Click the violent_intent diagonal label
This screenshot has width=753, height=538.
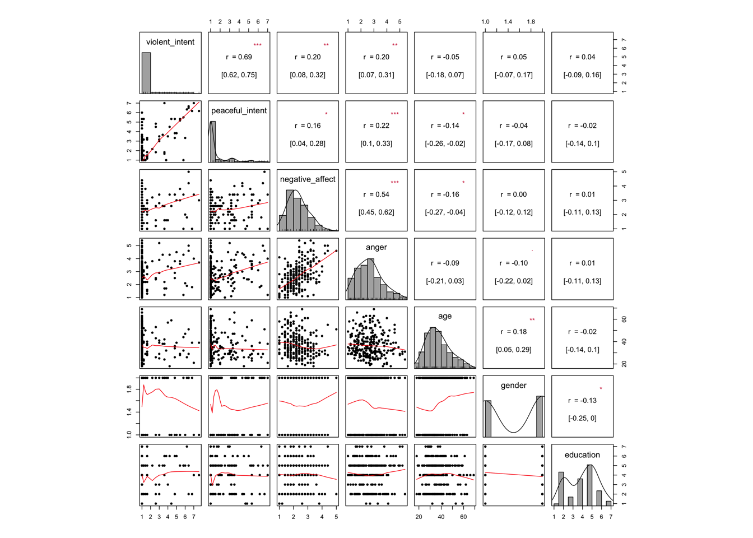[x=170, y=42]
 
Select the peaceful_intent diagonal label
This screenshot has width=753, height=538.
[x=239, y=110]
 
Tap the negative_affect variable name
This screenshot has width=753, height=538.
[x=308, y=179]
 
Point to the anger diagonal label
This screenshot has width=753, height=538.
[x=376, y=247]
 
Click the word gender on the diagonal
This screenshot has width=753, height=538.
[x=514, y=385]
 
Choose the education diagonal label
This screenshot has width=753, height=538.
[x=582, y=454]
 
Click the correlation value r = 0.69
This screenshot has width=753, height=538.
[x=239, y=57]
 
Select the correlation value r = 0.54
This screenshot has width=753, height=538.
[x=376, y=194]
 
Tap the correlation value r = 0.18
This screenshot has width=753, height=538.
[x=514, y=332]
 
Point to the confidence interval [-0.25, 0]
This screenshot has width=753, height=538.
[x=582, y=418]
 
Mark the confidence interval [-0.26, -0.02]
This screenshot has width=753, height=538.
[x=445, y=143]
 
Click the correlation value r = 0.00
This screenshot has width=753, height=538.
[x=514, y=194]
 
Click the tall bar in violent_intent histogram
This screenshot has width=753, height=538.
[x=146, y=73]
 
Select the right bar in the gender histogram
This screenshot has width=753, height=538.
[x=540, y=416]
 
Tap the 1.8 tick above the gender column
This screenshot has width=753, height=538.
[x=531, y=22]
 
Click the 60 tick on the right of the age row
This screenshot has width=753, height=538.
[x=624, y=319]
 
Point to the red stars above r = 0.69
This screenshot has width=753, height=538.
[x=257, y=45]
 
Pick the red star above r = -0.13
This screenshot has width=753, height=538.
[x=601, y=389]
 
